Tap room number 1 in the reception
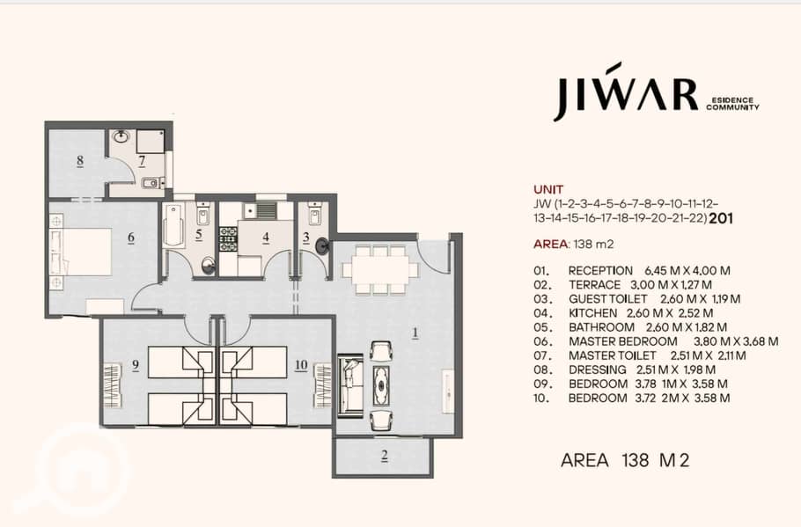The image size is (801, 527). click(x=415, y=333)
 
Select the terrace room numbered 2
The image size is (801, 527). click(x=384, y=456)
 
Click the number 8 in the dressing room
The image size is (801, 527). click(x=80, y=161)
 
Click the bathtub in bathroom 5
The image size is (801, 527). click(x=173, y=226)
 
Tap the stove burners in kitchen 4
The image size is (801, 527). click(x=228, y=239)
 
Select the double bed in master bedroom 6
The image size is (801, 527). click(x=81, y=253)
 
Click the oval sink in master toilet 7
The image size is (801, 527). click(x=121, y=136)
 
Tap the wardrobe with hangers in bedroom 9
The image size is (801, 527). click(x=113, y=385)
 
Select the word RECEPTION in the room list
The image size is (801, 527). click(x=600, y=271)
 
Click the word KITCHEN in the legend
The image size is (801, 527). click(x=592, y=313)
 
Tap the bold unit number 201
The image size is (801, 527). click(x=721, y=218)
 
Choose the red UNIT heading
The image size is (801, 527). click(x=548, y=189)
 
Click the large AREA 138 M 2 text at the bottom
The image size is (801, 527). click(x=625, y=460)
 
